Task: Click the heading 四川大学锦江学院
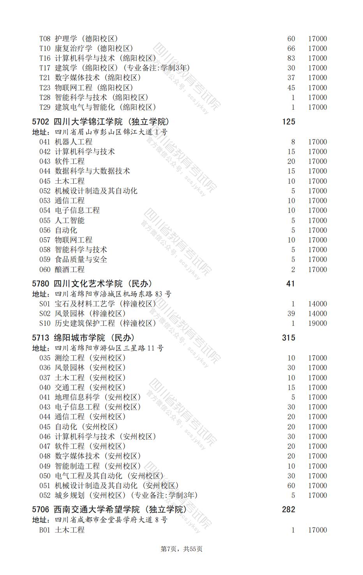click(111, 122)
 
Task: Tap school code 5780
click(41, 284)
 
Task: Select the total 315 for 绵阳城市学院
click(288, 338)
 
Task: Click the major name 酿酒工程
click(70, 269)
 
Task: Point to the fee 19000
click(317, 324)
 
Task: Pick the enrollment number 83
click(291, 58)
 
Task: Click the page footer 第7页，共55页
click(181, 549)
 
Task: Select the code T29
click(45, 107)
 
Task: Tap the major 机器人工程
click(74, 142)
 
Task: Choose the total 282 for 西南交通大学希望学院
click(288, 510)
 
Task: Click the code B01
click(45, 530)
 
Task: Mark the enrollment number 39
click(291, 314)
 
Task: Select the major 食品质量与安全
click(81, 260)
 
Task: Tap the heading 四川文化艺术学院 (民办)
click(103, 284)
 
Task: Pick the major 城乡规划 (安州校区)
click(126, 496)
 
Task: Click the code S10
click(45, 324)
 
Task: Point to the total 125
click(288, 122)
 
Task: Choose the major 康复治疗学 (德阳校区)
click(94, 49)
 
